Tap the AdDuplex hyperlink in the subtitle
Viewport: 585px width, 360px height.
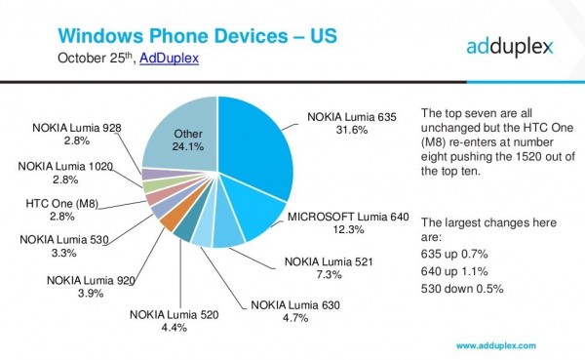pyautogui.click(x=169, y=59)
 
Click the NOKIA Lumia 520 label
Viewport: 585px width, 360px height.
pyautogui.click(x=176, y=314)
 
